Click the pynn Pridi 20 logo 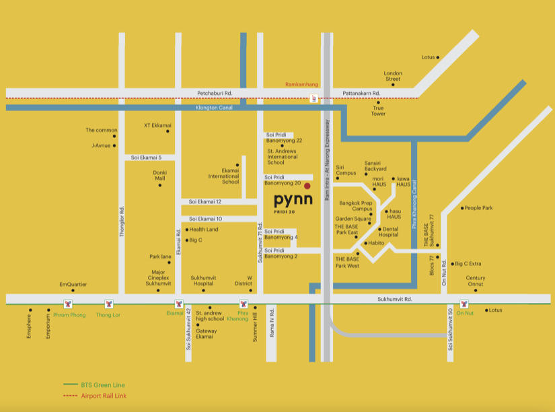pos(294,202)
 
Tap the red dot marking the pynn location pos(307,186)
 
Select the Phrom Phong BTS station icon pos(67,304)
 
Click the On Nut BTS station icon pos(464,304)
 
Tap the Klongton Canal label pos(212,107)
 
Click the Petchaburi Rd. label pos(215,93)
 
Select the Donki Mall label pos(159,175)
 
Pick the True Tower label pos(379,110)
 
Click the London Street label pos(393,76)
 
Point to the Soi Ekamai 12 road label pos(205,201)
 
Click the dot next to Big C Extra pos(453,264)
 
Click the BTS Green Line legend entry pos(100,384)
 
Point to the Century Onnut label pos(475,281)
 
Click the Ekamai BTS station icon pos(179,304)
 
